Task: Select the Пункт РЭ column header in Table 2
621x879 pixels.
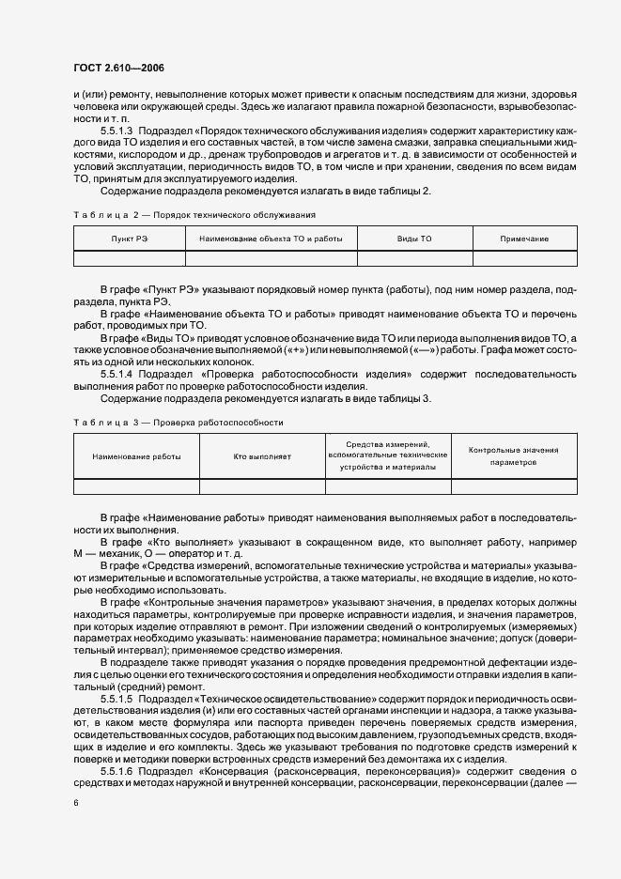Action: click(x=129, y=239)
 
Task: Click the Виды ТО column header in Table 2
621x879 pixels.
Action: click(x=414, y=239)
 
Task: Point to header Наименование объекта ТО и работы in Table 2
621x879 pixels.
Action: click(x=271, y=239)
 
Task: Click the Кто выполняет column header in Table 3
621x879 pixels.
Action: click(x=262, y=455)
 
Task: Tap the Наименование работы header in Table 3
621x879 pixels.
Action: click(x=136, y=455)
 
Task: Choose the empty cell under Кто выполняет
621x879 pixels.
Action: click(x=262, y=486)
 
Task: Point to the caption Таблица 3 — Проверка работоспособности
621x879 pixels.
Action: click(x=178, y=423)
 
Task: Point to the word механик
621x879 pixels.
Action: click(x=114, y=554)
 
